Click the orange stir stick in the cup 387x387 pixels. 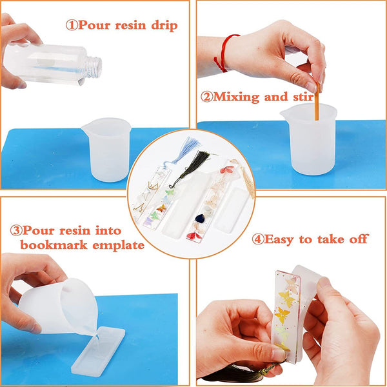pos(316,106)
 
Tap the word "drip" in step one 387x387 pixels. pos(161,26)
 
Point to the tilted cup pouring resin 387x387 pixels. pos(58,303)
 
